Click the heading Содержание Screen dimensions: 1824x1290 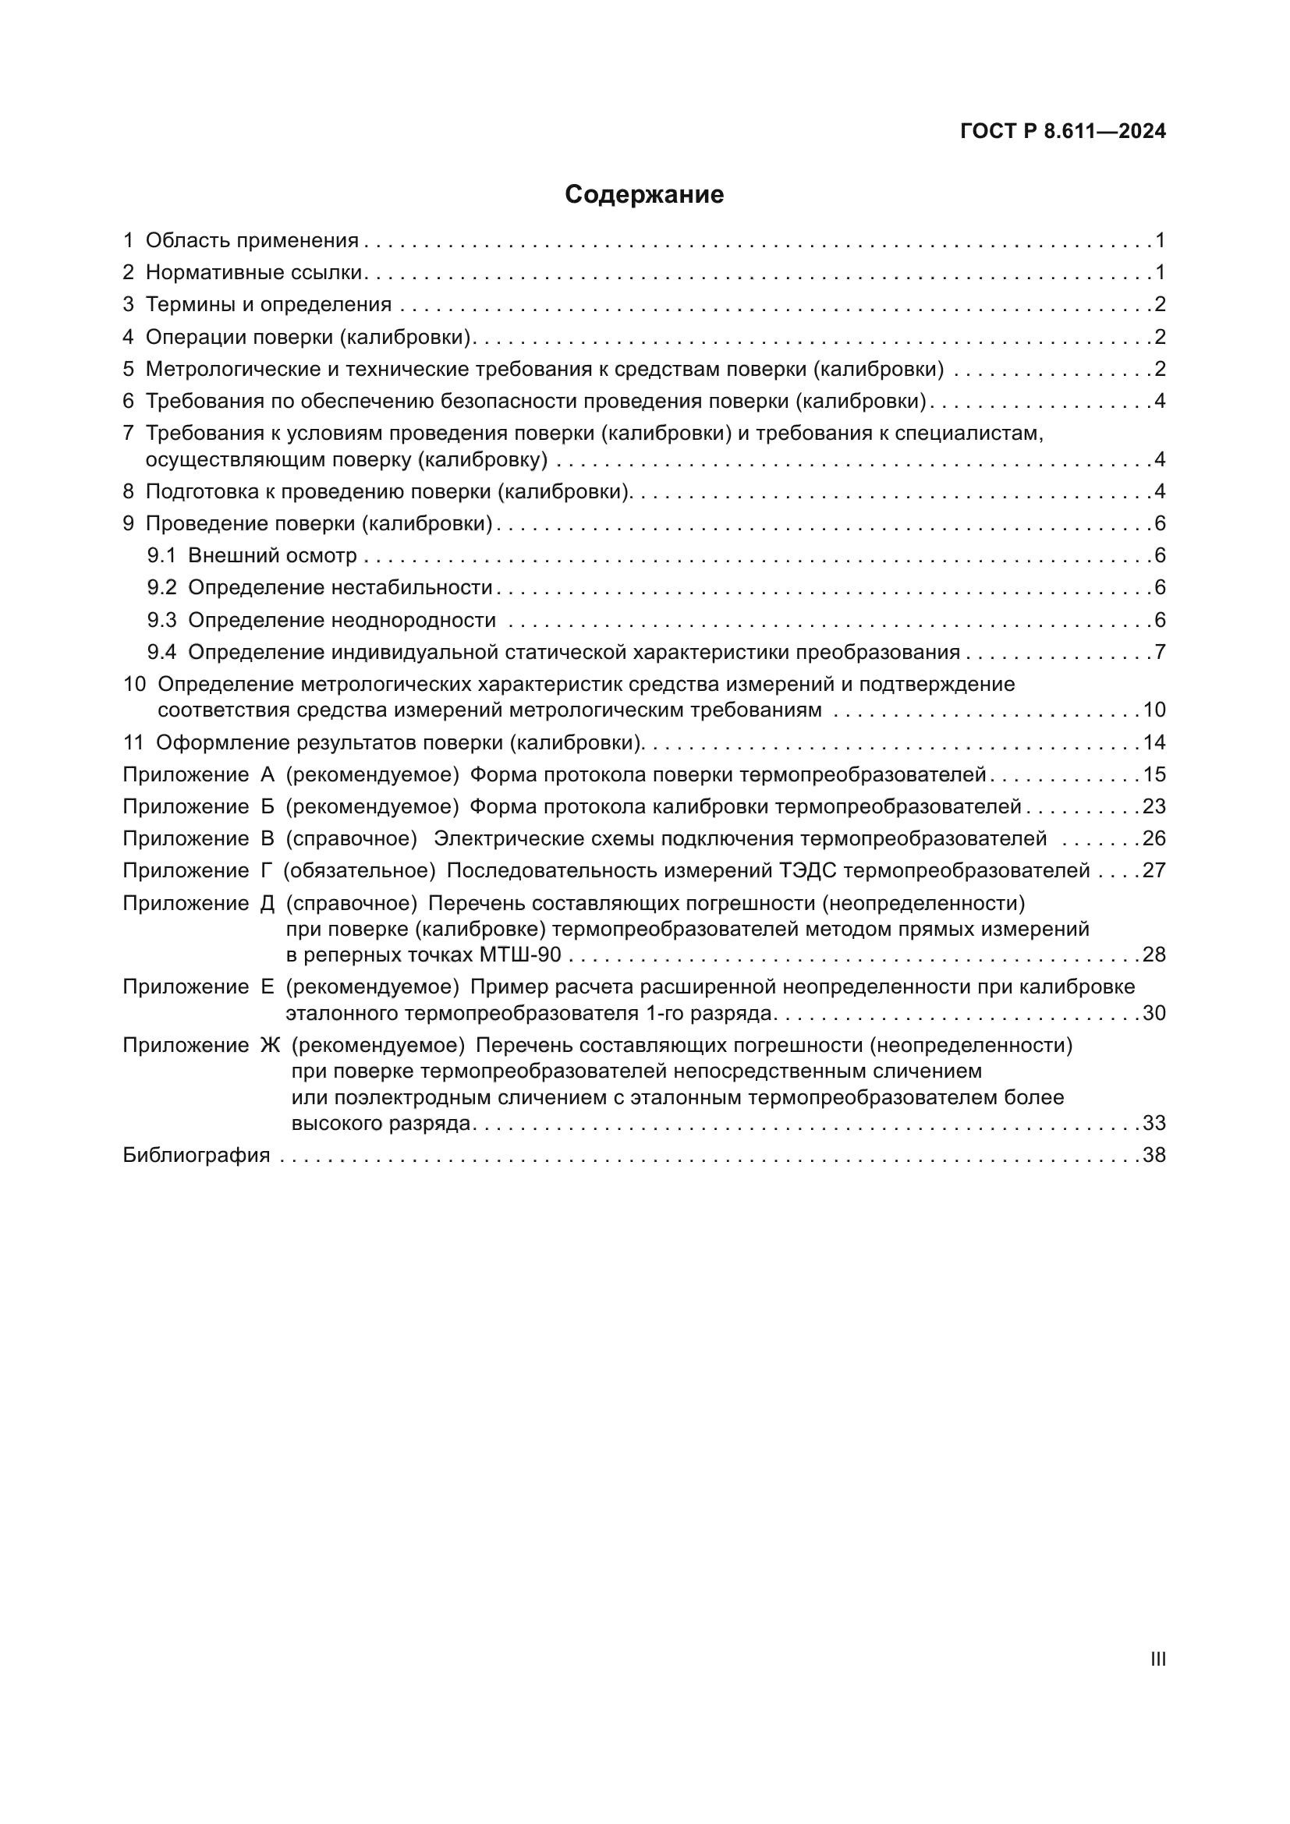coord(644,195)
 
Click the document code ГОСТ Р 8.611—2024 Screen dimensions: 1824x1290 coord(1063,131)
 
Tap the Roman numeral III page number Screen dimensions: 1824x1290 coord(1158,1659)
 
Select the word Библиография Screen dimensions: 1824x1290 coord(197,1155)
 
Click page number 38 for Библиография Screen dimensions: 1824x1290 coord(1154,1155)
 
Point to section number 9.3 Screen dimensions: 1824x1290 coord(161,620)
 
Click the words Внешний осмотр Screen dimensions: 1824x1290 coord(272,555)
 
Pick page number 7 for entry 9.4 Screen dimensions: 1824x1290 coord(1160,652)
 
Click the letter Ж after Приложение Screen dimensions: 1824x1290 coord(270,1046)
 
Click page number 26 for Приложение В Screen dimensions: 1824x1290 coord(1154,838)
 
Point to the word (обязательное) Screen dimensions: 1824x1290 coord(360,871)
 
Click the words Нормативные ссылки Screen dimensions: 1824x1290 coord(254,272)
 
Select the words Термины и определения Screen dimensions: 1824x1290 coord(268,304)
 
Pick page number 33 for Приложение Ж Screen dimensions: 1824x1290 coord(1154,1122)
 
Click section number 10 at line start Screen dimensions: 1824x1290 coord(134,684)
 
